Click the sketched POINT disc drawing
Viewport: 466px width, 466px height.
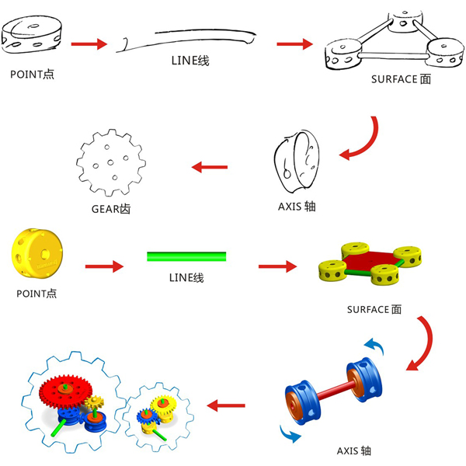click(x=33, y=37)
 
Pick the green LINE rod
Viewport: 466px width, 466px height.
click(x=186, y=256)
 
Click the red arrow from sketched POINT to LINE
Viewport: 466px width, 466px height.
click(x=89, y=43)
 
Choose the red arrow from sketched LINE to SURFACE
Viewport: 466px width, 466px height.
click(x=294, y=44)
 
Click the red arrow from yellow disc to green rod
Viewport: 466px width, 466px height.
click(x=104, y=266)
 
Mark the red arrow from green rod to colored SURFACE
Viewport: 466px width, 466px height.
click(x=279, y=266)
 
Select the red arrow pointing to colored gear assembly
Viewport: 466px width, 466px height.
click(x=225, y=405)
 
